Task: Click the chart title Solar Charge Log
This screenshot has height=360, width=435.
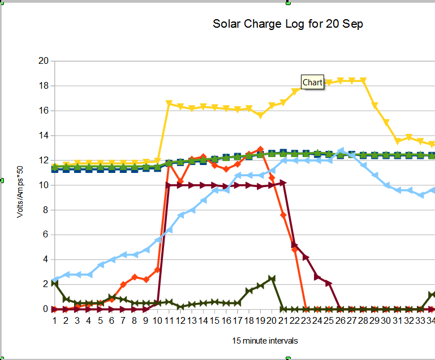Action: [288, 24]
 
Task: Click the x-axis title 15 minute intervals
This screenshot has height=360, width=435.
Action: [265, 341]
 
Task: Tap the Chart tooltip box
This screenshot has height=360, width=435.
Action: [312, 83]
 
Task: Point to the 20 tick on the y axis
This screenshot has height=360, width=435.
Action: [43, 61]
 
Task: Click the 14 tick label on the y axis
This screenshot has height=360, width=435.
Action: [43, 136]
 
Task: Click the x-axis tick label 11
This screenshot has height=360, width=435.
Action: [169, 320]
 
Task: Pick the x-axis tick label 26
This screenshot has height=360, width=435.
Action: [341, 320]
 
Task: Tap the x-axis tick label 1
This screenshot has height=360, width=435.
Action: [54, 320]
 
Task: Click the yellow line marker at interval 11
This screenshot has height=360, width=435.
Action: [169, 103]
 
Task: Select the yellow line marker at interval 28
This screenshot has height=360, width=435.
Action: [363, 81]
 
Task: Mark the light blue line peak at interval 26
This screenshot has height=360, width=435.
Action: [341, 151]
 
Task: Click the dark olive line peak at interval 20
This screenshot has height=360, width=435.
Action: [272, 279]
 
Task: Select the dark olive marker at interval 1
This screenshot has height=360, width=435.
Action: [54, 283]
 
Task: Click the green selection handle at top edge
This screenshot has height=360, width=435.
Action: [288, 3]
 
